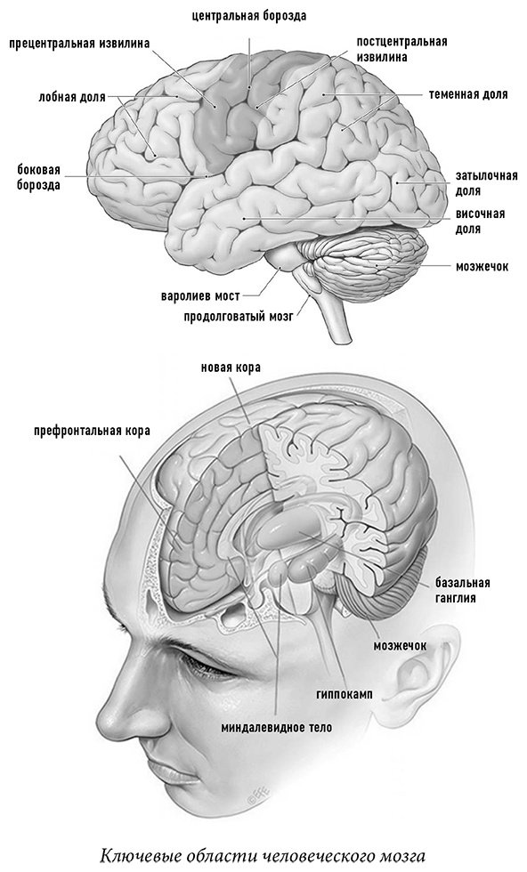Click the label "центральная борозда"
tap(248, 16)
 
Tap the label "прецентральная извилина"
tap(79, 44)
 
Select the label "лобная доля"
tap(72, 97)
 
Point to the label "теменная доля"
tap(468, 94)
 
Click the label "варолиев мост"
tap(200, 295)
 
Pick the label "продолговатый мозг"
tap(239, 317)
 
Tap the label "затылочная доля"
tap(486, 183)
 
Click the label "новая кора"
tap(231, 367)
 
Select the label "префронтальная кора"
tap(92, 431)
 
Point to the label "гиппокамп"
tap(345, 694)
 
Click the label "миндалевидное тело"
tap(277, 728)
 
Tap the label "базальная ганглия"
tap(462, 591)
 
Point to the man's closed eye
tap(207, 665)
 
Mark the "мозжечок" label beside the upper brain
tap(482, 266)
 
